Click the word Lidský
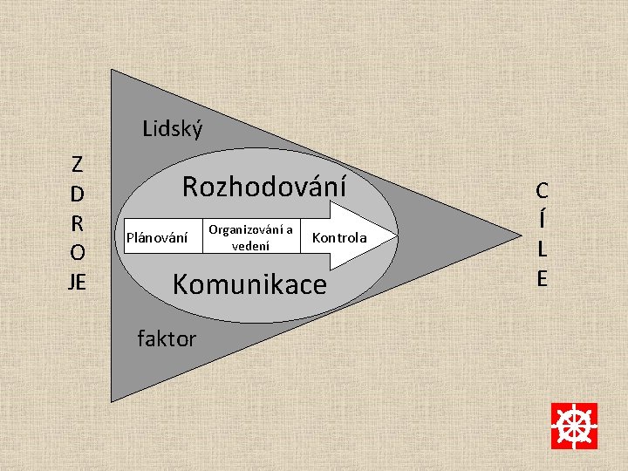pos(173,130)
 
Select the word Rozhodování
pos(263,186)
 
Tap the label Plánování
pos(157,237)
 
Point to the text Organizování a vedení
pos(250,237)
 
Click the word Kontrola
pos(339,238)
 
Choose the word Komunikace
pos(249,284)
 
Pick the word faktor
pos(167,338)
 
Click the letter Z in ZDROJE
pos(78,163)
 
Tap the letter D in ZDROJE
pos(78,193)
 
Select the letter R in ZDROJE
pos(78,222)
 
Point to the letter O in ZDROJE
pos(78,252)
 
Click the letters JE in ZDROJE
pos(78,282)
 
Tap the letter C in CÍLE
pos(543,190)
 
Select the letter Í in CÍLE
pos(543,218)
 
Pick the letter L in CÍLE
pos(543,249)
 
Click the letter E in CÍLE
pos(543,278)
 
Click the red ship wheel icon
pos(574,426)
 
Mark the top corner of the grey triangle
pos(112,71)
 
